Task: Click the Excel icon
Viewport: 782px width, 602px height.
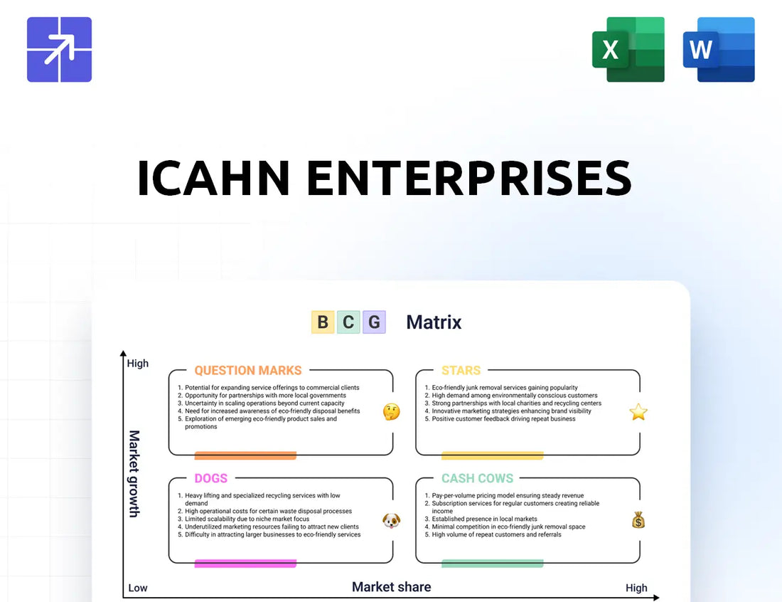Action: coord(628,49)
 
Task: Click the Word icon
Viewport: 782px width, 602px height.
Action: coord(719,49)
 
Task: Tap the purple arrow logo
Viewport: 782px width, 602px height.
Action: coord(59,49)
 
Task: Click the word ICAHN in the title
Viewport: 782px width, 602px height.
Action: coord(213,178)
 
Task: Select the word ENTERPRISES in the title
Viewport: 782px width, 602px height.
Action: coord(468,178)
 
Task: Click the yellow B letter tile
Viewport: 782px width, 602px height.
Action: coord(323,322)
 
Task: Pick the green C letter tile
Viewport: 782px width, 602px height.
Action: coord(348,322)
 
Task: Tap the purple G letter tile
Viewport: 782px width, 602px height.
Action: coord(374,322)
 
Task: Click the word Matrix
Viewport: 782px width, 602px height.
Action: coord(434,322)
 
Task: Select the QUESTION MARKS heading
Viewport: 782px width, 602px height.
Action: coord(248,371)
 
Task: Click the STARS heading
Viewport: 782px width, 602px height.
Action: coord(461,371)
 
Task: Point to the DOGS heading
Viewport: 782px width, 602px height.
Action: coord(211,478)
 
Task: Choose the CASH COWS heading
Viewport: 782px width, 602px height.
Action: coord(477,478)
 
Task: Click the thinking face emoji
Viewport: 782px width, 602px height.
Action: coord(392,412)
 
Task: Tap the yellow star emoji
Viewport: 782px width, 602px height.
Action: coord(638,412)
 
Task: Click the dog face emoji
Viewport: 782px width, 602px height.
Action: coord(392,521)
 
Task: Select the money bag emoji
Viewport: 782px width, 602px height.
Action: coord(638,520)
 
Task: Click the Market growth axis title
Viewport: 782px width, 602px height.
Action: coord(134,474)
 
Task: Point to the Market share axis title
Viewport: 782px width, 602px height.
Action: coord(392,587)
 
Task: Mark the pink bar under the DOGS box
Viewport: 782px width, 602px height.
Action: coord(245,564)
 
